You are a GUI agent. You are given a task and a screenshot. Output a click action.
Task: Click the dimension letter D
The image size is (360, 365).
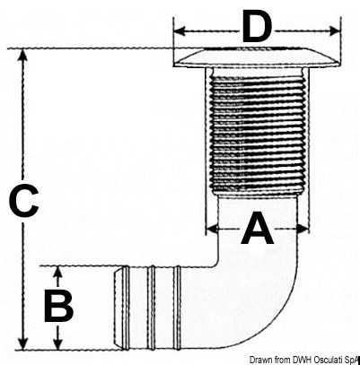click(257, 26)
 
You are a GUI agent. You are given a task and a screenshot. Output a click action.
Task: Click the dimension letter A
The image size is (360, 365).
click(258, 228)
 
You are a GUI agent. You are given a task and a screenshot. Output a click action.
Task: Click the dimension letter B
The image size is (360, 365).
click(58, 306)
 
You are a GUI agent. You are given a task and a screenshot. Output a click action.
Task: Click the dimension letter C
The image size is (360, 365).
click(23, 201)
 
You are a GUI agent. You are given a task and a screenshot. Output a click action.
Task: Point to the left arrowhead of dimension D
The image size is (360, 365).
click(180, 30)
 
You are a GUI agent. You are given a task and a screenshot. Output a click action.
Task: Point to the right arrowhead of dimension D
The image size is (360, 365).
click(335, 30)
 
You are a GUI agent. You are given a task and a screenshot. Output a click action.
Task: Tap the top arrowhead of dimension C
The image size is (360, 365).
click(22, 56)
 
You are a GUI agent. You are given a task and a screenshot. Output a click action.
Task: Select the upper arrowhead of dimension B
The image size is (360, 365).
click(58, 272)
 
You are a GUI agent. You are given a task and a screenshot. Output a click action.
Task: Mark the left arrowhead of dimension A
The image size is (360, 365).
click(212, 230)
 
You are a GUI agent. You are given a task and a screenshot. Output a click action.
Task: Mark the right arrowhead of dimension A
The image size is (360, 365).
click(303, 230)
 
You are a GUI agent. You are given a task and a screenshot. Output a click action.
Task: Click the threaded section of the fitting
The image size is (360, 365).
click(258, 135)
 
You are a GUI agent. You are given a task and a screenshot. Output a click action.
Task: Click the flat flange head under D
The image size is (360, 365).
click(258, 57)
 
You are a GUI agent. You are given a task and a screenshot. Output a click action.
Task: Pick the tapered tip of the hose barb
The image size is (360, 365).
click(119, 308)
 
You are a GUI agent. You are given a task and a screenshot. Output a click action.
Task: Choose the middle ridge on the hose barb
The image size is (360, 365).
click(152, 308)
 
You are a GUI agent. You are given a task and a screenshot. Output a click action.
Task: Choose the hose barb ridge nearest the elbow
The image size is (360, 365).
click(178, 308)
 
